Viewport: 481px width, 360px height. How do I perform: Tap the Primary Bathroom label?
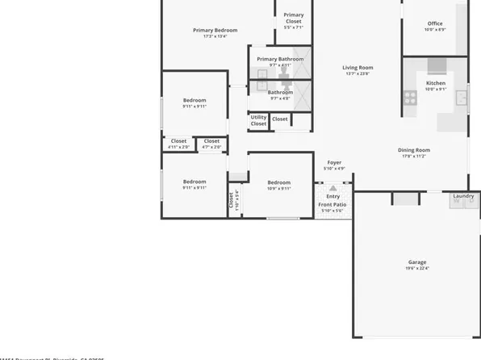click(280, 59)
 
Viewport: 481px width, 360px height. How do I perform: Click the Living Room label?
click(357, 68)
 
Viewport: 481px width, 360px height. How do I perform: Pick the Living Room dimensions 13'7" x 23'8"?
click(357, 74)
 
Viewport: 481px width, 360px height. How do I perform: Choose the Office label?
click(435, 23)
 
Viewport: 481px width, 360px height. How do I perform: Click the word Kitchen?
click(436, 83)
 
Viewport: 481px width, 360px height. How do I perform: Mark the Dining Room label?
click(413, 149)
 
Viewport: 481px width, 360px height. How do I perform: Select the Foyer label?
click(333, 163)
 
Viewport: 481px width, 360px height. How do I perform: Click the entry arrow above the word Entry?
click(333, 188)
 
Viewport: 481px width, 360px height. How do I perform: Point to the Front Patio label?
click(333, 204)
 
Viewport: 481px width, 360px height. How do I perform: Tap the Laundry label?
click(463, 195)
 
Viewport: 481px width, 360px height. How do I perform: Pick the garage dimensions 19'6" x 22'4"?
click(416, 269)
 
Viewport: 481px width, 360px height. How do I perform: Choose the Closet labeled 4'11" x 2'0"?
click(178, 141)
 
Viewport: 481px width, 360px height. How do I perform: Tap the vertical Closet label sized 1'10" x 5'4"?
click(231, 199)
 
